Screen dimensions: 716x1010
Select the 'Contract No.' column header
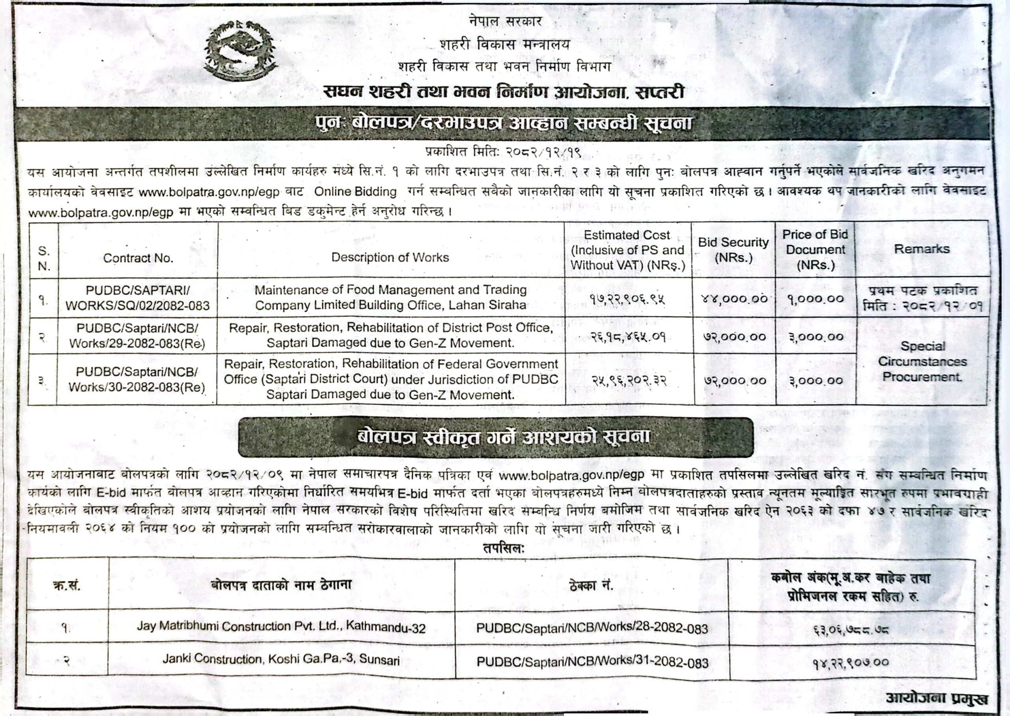[x=138, y=258]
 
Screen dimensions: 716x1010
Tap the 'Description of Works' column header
[x=390, y=258]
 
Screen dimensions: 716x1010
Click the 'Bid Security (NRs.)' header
[x=733, y=250]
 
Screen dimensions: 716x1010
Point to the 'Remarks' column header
[x=921, y=249]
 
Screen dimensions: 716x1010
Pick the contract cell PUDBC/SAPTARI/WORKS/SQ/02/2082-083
[x=138, y=297]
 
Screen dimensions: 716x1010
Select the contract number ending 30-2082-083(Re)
[x=138, y=379]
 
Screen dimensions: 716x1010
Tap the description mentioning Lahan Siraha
[x=391, y=297]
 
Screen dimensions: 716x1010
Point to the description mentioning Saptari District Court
[x=391, y=379]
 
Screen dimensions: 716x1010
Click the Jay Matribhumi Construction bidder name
[x=281, y=627]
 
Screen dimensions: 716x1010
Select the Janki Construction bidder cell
[x=281, y=660]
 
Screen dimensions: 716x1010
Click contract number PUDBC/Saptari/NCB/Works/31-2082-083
[x=592, y=662]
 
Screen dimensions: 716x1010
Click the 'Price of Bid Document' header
[x=815, y=250]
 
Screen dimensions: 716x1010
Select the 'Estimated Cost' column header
[x=627, y=250]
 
